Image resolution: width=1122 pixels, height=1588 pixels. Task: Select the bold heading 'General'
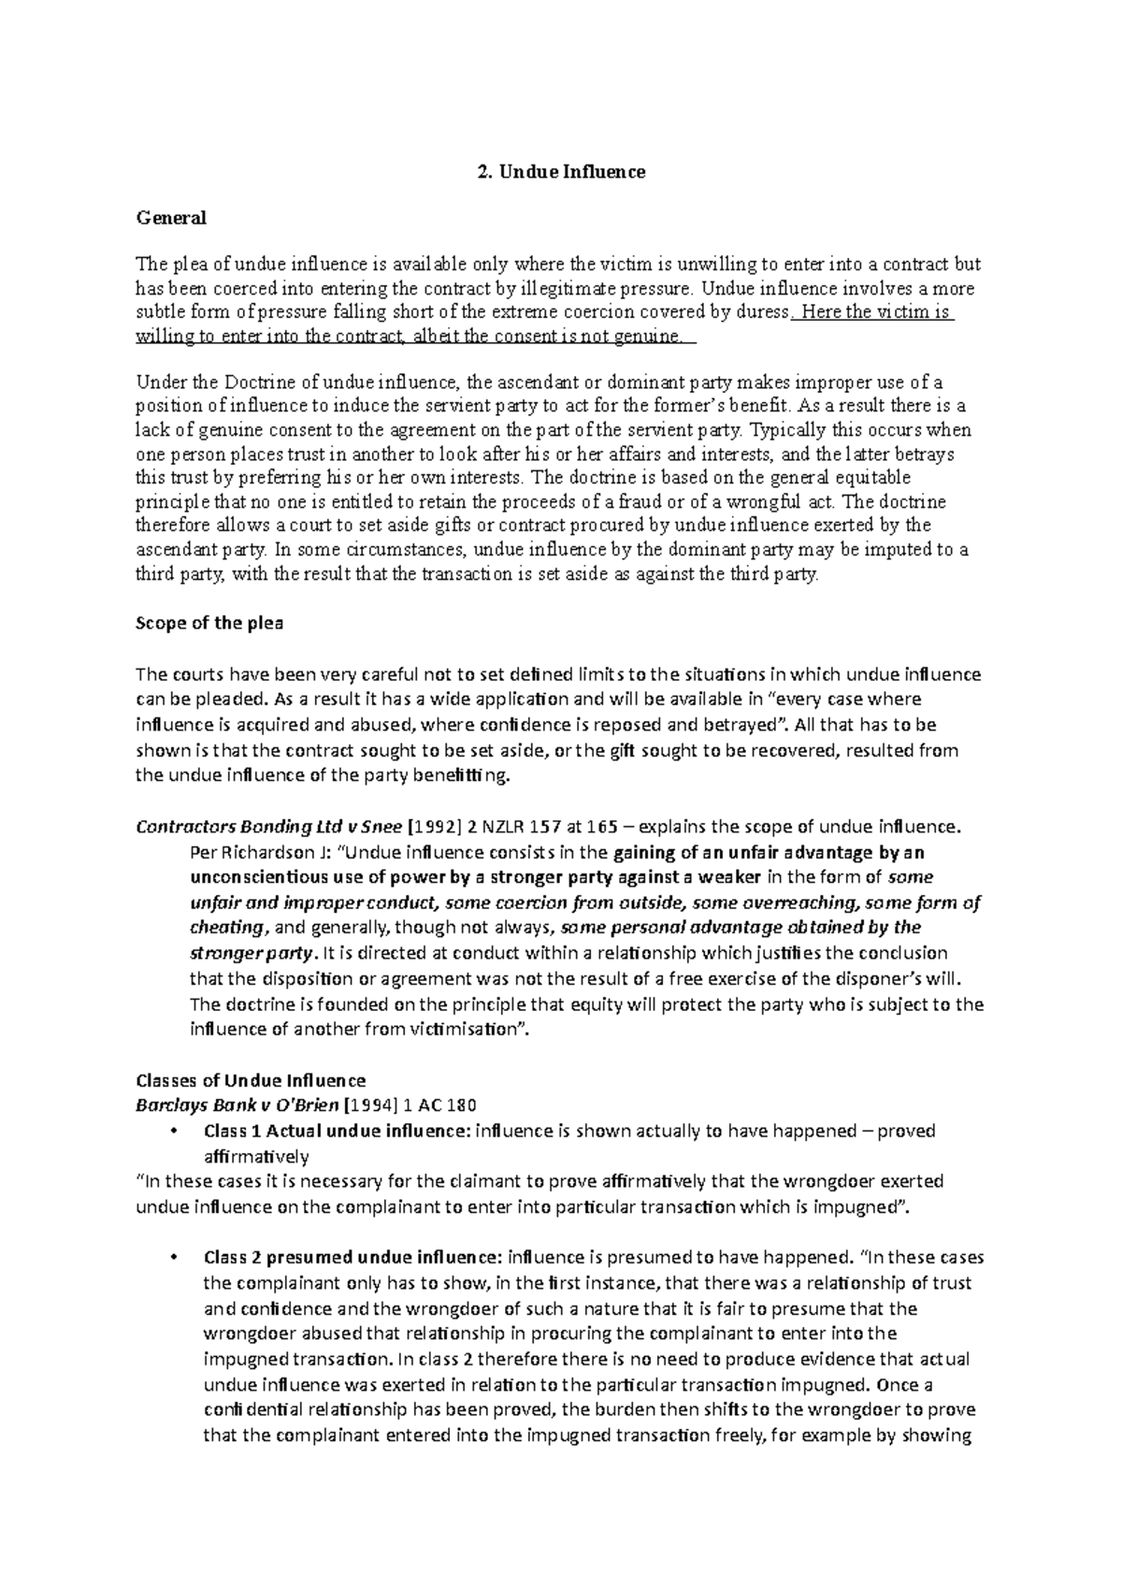[171, 218]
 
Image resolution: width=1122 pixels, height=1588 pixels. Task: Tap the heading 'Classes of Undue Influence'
[251, 1080]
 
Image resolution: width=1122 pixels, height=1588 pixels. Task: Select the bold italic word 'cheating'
[227, 928]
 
